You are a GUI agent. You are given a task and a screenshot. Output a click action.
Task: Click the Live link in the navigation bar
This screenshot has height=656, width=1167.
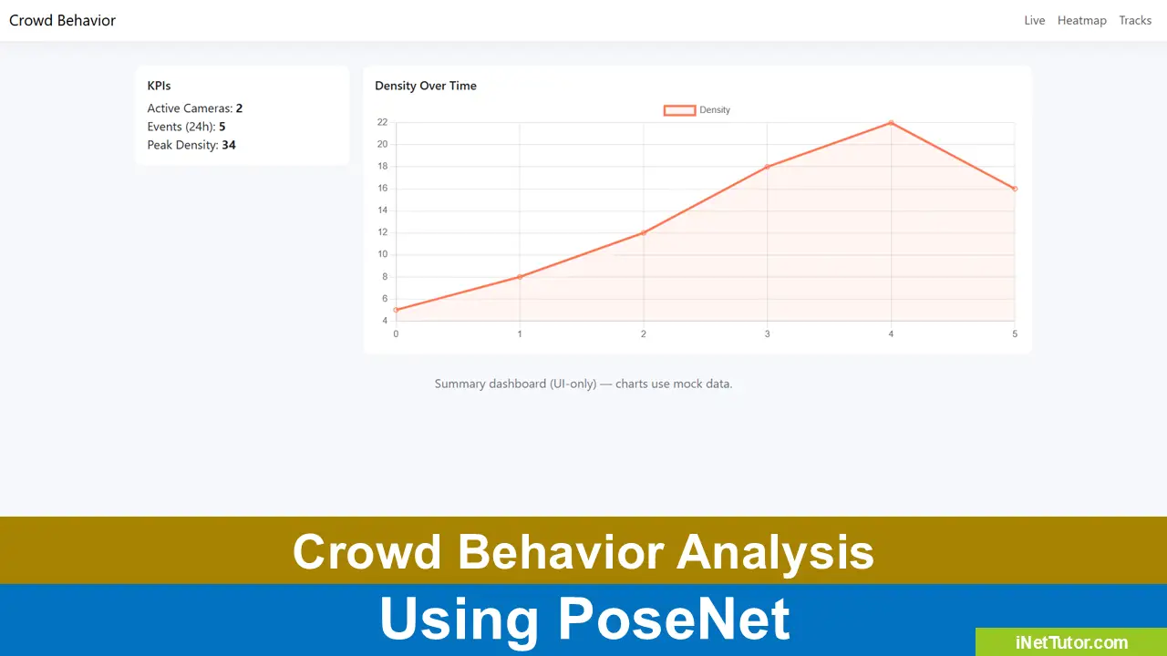tap(1034, 20)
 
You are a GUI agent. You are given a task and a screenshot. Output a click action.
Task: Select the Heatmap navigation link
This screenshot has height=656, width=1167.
tap(1081, 20)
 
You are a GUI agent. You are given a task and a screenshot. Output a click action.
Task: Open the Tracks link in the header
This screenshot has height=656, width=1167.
tap(1135, 20)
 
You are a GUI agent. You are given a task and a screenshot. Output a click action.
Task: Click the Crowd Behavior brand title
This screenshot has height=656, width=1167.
tap(62, 20)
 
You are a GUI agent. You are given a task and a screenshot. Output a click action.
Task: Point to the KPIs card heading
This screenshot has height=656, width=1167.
tap(159, 86)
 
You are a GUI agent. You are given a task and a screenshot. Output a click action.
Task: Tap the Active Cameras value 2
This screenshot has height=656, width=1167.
tap(239, 108)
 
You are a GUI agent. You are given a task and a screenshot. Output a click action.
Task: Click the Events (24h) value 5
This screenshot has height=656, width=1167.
tap(222, 127)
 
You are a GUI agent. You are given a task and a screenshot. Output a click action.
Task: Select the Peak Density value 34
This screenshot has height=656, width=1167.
tap(229, 145)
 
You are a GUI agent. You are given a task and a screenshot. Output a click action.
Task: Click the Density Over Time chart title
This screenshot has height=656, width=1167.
tap(425, 86)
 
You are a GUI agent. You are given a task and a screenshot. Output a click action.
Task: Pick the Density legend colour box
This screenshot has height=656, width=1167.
tap(679, 110)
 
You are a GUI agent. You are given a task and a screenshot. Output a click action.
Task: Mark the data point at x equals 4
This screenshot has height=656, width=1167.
tap(891, 122)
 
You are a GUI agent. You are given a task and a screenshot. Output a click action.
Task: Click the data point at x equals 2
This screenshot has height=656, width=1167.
tap(644, 232)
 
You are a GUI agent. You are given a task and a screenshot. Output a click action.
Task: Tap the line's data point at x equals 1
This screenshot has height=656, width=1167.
tap(520, 277)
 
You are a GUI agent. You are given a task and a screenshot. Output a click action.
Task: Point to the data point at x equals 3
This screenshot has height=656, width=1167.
tap(768, 167)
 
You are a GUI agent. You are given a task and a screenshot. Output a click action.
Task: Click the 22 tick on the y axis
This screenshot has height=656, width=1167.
tap(382, 122)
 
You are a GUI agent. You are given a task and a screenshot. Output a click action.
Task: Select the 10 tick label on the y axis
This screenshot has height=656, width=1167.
tap(382, 254)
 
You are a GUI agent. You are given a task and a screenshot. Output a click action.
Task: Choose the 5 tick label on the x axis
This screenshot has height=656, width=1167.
tap(1015, 334)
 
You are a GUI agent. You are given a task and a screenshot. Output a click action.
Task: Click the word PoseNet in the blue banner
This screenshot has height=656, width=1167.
tap(674, 620)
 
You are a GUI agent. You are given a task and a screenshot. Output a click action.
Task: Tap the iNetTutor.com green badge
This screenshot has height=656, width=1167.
tap(1071, 642)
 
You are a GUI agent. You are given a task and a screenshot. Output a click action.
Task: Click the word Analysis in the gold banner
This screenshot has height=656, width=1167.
tap(776, 552)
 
